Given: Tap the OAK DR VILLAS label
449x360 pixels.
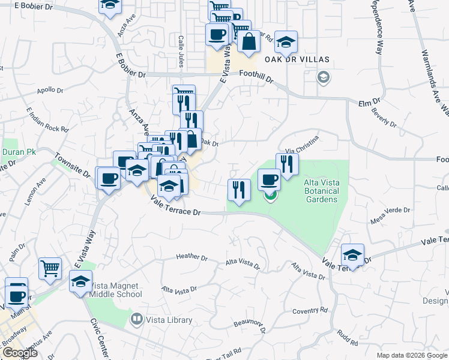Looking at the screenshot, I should click(x=297, y=59).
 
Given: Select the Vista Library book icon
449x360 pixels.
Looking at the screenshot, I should click(x=137, y=319).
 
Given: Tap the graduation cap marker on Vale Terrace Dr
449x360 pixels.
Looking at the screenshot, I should click(x=352, y=256).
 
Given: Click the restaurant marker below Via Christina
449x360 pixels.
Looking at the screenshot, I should click(x=288, y=164).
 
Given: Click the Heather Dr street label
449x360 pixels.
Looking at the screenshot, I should click(x=191, y=257).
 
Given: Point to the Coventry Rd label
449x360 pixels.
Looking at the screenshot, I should click(x=309, y=310).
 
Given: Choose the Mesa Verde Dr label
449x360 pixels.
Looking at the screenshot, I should click(x=390, y=211).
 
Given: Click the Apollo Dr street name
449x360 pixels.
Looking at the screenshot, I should click(x=50, y=91).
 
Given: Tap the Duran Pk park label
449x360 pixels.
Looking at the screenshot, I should click(x=19, y=152).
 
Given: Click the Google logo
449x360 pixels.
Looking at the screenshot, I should click(x=20, y=352).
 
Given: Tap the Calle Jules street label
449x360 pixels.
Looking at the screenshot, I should click(x=180, y=51).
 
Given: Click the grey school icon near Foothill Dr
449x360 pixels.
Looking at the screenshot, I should click(x=324, y=77).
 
